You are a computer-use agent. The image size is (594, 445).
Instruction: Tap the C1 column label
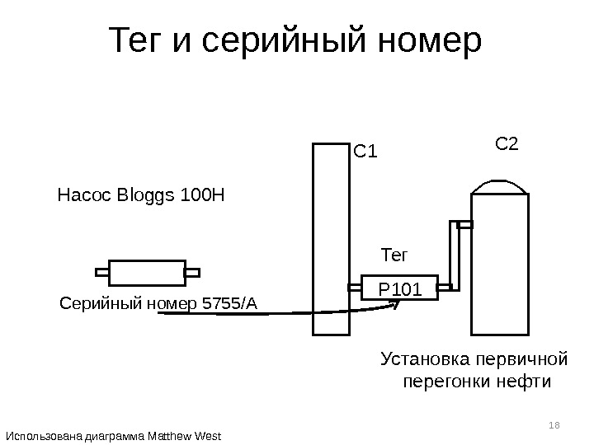pos(365,152)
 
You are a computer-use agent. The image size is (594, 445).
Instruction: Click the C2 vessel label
pos(506,144)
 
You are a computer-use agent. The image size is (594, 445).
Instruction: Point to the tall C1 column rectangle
pos(331,239)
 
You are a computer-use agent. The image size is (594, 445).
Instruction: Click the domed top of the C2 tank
pos(498,186)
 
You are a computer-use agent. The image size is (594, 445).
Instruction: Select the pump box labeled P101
pos(399,288)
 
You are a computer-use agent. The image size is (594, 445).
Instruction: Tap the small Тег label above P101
pos(394,253)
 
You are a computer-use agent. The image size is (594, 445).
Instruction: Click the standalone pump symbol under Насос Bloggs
pos(147,272)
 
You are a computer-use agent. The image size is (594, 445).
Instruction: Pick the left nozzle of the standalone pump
pos(102,271)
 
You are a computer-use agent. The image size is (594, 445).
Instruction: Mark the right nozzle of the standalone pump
pos(191,271)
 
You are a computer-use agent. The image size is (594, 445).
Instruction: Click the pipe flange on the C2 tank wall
pos(464,224)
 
